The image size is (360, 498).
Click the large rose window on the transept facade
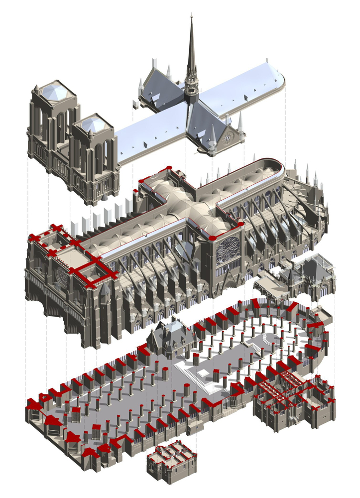[x=228, y=249]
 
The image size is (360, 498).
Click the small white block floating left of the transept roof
[x=135, y=105]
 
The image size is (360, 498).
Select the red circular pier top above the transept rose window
[x=214, y=238]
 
